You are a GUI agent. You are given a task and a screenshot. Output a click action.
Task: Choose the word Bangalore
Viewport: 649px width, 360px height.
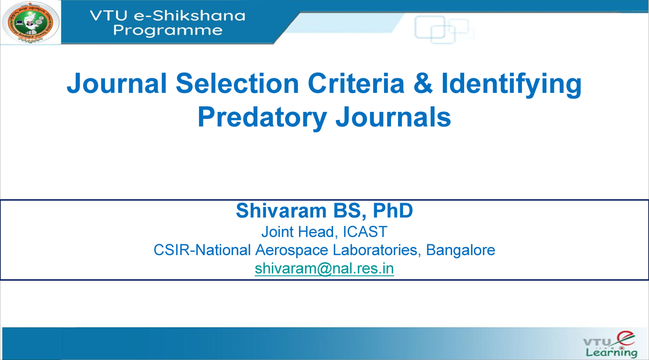(461, 251)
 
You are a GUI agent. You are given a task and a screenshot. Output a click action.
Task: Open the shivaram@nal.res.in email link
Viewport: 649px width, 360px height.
(324, 269)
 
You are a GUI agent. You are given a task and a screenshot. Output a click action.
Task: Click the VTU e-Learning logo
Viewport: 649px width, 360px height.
(609, 344)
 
